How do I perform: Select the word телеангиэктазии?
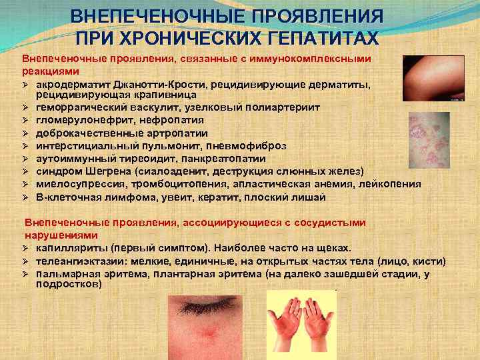click(76, 261)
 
